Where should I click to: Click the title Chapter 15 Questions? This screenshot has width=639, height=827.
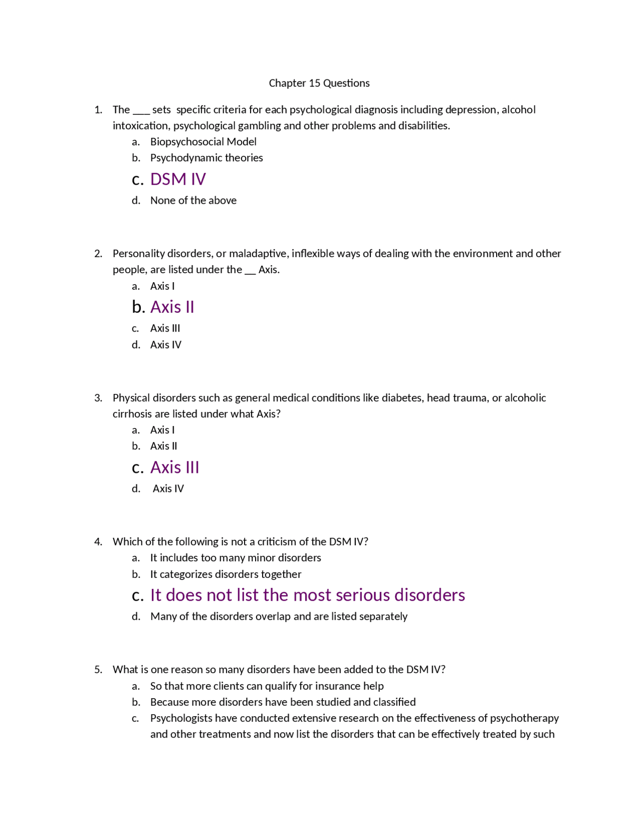[x=319, y=83]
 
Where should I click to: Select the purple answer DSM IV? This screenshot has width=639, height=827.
[x=178, y=179]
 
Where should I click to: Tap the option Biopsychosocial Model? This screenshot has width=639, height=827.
[x=203, y=142]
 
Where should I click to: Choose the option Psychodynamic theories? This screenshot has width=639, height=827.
[x=206, y=158]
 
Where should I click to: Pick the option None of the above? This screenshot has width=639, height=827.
[x=193, y=200]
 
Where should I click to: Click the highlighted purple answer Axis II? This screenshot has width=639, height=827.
[x=172, y=307]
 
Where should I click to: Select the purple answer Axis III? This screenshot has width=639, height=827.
[x=175, y=467]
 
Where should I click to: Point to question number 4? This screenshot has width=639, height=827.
[x=98, y=542]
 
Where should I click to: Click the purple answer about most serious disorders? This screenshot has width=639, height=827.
[x=308, y=595]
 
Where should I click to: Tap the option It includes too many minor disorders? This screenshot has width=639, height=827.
[x=236, y=558]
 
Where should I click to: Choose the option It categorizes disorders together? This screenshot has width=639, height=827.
[x=226, y=574]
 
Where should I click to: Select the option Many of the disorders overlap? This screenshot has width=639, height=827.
[x=279, y=617]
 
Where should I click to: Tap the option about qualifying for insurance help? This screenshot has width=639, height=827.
[x=267, y=686]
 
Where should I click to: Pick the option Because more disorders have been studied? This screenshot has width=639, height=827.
[x=283, y=702]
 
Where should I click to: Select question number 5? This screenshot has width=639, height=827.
[x=98, y=670]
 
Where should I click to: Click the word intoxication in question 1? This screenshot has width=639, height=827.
[x=141, y=126]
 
